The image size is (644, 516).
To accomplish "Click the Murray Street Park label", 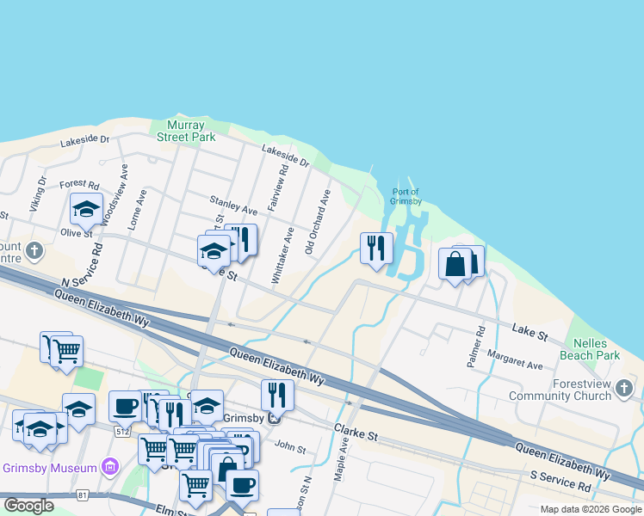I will click(x=186, y=131).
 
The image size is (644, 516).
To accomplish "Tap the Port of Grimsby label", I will click(x=406, y=197).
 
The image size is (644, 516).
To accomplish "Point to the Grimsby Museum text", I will click(x=51, y=469).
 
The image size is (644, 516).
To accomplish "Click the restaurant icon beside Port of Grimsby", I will click(x=376, y=249).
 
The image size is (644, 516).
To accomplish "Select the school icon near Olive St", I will click(x=86, y=209).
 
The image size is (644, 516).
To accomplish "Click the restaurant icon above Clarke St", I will click(x=276, y=395).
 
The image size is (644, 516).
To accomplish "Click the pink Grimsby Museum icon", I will click(x=109, y=468).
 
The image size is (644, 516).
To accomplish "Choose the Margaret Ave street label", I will click(x=514, y=359).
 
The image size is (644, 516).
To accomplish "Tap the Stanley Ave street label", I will click(x=233, y=206).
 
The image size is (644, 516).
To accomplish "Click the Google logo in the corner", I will click(x=28, y=506).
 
